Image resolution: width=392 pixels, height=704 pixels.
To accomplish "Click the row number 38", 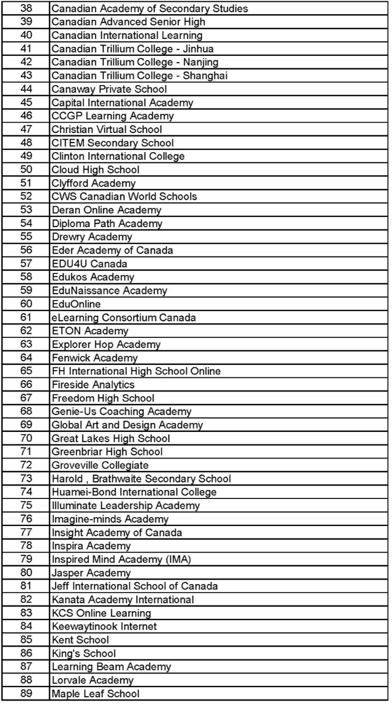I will pyautogui.click(x=26, y=8).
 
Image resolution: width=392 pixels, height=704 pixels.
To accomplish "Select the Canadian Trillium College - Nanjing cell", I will pyautogui.click(x=135, y=62).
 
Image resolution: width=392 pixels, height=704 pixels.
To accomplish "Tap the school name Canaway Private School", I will pyautogui.click(x=109, y=89).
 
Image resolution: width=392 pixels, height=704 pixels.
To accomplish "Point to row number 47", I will pyautogui.click(x=26, y=129).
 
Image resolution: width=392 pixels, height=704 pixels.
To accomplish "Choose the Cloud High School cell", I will pyautogui.click(x=95, y=170).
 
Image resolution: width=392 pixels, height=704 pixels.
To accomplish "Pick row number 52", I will pyautogui.click(x=26, y=196).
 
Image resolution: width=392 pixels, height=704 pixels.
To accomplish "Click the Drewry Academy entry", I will pyautogui.click(x=92, y=237).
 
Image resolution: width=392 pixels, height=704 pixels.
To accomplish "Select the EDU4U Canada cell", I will pyautogui.click(x=89, y=264).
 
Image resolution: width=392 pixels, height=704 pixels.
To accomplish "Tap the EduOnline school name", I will pyautogui.click(x=76, y=304).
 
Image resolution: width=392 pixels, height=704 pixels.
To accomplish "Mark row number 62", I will pyautogui.click(x=26, y=331).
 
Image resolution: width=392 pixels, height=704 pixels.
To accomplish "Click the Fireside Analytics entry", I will pyautogui.click(x=93, y=385).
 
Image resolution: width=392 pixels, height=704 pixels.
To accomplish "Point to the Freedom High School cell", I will pyautogui.click(x=103, y=398).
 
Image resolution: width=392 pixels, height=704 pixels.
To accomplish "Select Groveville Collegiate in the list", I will pyautogui.click(x=100, y=465).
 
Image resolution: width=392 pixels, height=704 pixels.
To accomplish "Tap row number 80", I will pyautogui.click(x=26, y=573).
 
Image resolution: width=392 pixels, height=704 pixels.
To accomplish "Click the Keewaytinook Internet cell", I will pyautogui.click(x=104, y=626).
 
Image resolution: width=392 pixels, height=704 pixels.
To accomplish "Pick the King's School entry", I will pyautogui.click(x=83, y=653).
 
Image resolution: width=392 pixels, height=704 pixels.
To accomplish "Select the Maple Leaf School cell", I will pyautogui.click(x=95, y=693).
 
